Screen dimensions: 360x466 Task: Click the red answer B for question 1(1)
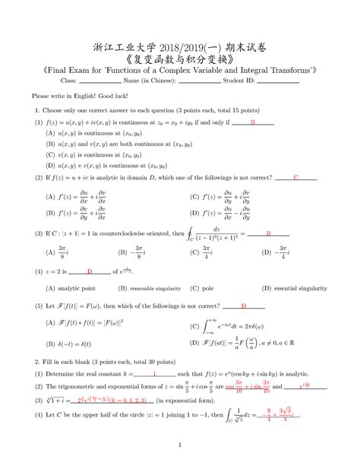tap(251, 122)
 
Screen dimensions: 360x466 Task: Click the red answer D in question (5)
tap(243, 306)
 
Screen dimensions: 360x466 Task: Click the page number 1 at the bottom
tap(179, 445)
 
